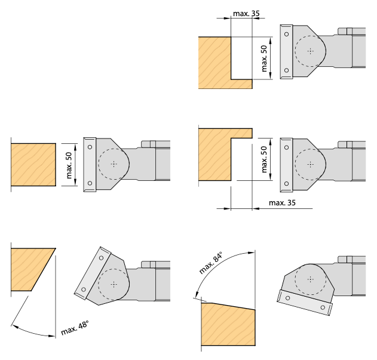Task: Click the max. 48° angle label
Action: [75, 328]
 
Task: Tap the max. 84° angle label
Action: [211, 263]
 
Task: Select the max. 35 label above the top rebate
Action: [246, 14]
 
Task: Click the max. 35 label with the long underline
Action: [282, 203]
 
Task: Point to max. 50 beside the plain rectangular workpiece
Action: [69, 165]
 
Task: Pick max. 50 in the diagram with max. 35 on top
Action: [264, 59]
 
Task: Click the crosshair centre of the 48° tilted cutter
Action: [114, 285]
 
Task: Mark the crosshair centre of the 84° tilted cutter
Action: [311, 279]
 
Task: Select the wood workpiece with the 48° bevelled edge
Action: [30, 269]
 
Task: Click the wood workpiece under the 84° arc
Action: [228, 324]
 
